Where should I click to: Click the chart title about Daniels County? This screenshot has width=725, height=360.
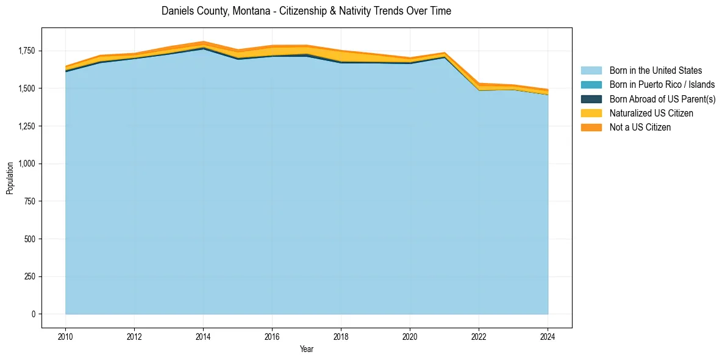pyautogui.click(x=306, y=11)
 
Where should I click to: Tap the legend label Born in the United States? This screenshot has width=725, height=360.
pyautogui.click(x=655, y=71)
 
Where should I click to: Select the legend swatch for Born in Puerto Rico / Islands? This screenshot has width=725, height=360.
pyautogui.click(x=591, y=85)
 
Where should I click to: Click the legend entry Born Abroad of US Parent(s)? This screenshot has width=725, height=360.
pyautogui.click(x=662, y=99)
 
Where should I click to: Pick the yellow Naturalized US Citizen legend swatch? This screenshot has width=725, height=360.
pyautogui.click(x=591, y=113)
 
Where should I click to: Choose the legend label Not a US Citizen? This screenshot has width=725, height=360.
pyautogui.click(x=640, y=127)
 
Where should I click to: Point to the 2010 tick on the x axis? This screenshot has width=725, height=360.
pyautogui.click(x=65, y=336)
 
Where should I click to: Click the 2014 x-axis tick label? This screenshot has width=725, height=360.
pyautogui.click(x=203, y=336)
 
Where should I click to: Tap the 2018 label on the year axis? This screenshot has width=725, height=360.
pyautogui.click(x=341, y=336)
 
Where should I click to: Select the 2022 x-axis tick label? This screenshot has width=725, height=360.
pyautogui.click(x=479, y=336)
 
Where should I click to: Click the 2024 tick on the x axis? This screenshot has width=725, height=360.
pyautogui.click(x=548, y=336)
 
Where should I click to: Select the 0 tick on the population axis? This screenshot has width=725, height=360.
pyautogui.click(x=34, y=314)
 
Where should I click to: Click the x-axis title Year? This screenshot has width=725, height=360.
pyautogui.click(x=307, y=349)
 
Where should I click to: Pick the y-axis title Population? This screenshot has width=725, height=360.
pyautogui.click(x=10, y=178)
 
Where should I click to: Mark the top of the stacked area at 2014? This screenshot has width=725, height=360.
pyautogui.click(x=203, y=41)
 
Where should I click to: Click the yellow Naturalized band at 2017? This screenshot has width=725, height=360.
pyautogui.click(x=306, y=50)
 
